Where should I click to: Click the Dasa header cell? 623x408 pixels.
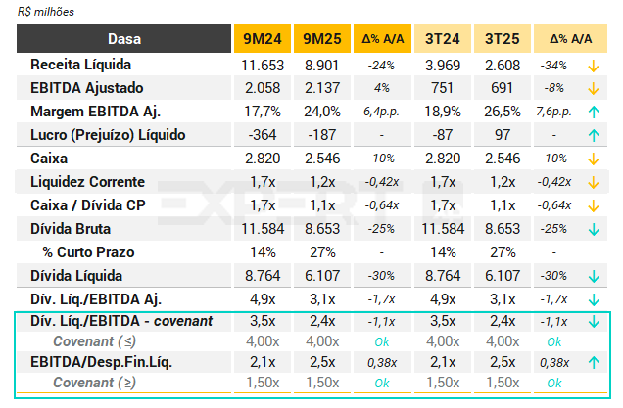tap(123, 39)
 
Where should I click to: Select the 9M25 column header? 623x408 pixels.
tap(322, 39)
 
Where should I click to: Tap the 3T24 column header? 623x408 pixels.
tap(445, 39)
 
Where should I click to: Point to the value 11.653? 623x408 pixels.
tap(262, 65)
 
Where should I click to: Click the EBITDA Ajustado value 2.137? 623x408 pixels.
tap(322, 88)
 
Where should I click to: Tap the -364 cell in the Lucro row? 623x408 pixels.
tap(262, 135)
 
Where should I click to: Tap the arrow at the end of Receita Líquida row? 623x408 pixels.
tap(594, 65)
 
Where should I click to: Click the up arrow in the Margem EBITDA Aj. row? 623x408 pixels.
tap(594, 112)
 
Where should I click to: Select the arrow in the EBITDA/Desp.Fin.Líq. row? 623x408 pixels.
tap(594, 362)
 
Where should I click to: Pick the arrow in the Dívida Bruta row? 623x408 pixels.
tap(594, 229)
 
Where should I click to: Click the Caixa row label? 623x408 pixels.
tap(50, 159)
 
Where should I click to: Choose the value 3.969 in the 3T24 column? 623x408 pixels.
tap(445, 65)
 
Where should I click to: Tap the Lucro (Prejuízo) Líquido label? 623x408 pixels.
tap(108, 135)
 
